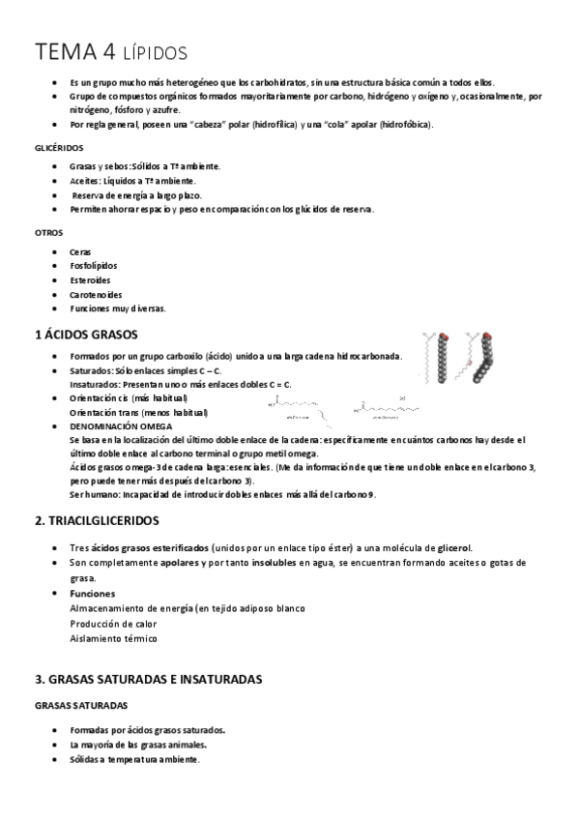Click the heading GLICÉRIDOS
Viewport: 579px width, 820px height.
pyautogui.click(x=58, y=149)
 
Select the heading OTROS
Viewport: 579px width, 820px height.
pyautogui.click(x=48, y=233)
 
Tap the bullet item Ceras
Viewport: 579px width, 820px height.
pyautogui.click(x=81, y=251)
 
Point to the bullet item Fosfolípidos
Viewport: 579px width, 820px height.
pyautogui.click(x=95, y=266)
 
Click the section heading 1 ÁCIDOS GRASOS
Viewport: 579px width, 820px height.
pyautogui.click(x=86, y=335)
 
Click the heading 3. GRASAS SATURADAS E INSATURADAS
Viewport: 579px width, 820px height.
pyautogui.click(x=148, y=680)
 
